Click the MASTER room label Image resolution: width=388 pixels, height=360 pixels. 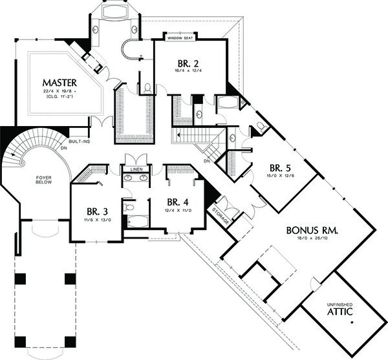point(60,83)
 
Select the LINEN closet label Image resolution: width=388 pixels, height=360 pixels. point(136,169)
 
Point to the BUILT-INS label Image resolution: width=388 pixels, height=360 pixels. point(80,140)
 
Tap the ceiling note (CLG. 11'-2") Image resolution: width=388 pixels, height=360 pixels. point(60,101)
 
